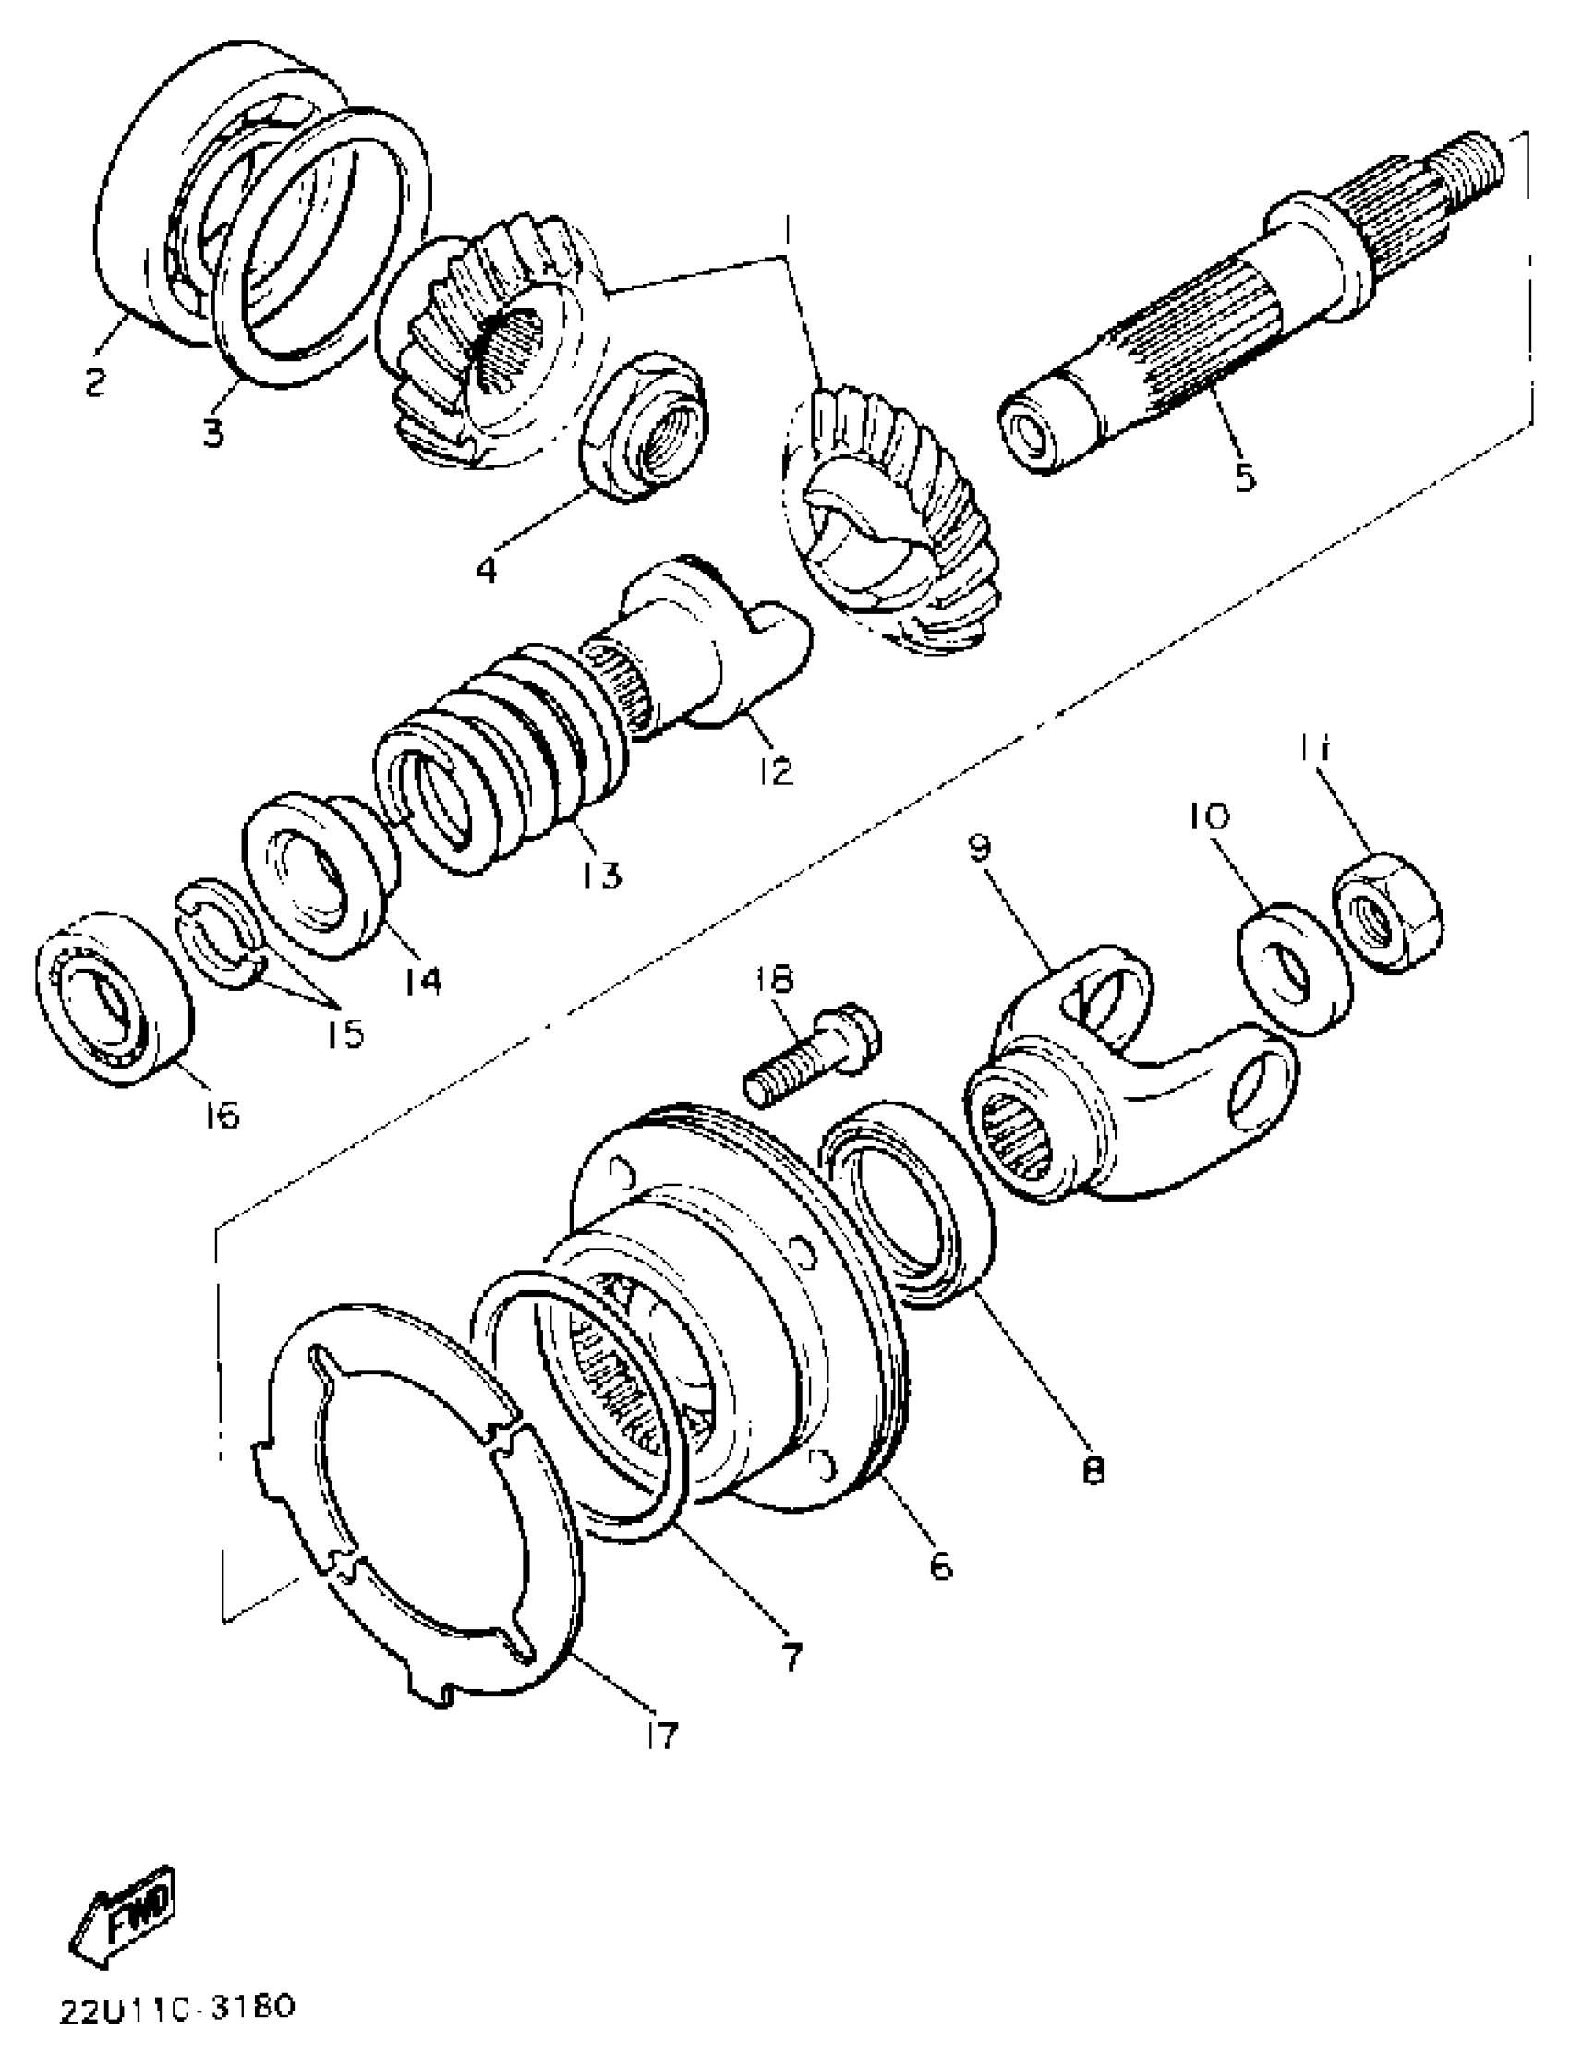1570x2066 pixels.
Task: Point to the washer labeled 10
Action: click(x=1293, y=966)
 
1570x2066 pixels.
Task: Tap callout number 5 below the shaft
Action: click(x=1244, y=476)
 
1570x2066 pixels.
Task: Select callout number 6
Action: click(x=940, y=1564)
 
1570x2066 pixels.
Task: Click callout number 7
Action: click(x=791, y=1657)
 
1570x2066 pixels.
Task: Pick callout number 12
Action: click(x=776, y=770)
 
